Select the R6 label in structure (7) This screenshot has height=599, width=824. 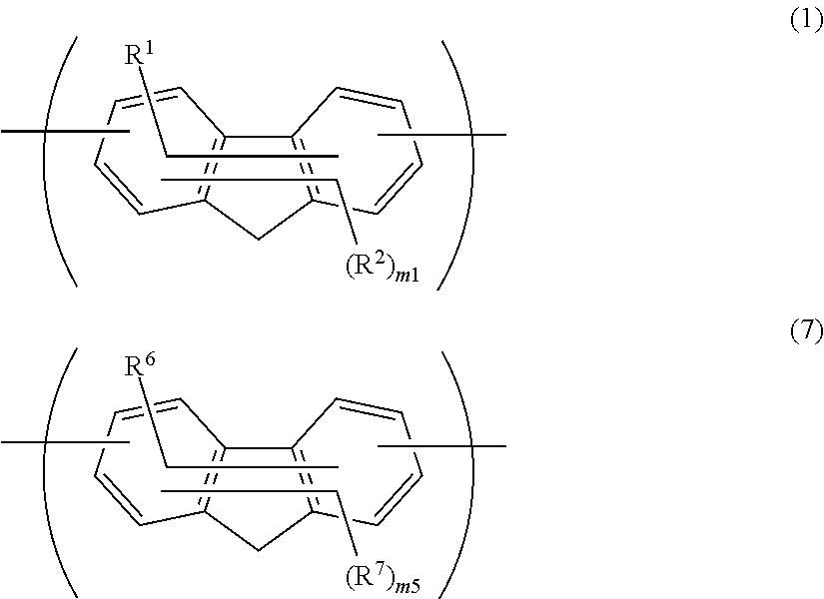137,365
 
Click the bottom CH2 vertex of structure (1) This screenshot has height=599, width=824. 258,239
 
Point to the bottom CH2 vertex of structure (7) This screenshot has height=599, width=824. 258,550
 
